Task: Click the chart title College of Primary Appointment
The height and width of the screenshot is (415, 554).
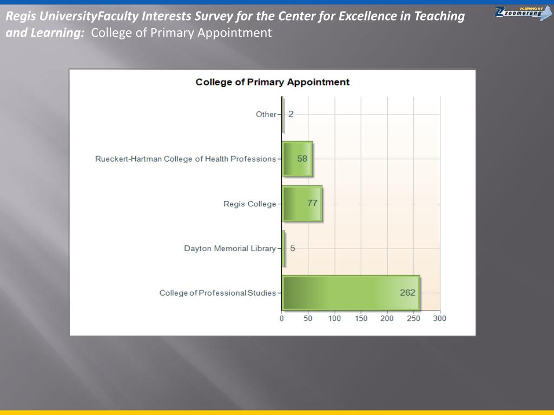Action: tap(272, 82)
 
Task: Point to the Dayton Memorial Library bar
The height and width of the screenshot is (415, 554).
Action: tap(283, 249)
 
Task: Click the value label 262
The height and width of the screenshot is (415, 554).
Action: tap(407, 292)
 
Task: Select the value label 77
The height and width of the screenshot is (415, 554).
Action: tap(312, 203)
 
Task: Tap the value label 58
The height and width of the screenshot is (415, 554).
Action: tap(302, 159)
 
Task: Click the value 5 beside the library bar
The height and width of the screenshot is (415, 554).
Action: tap(293, 249)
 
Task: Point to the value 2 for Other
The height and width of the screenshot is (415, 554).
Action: tap(291, 114)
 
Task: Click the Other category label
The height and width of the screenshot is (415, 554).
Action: tap(266, 115)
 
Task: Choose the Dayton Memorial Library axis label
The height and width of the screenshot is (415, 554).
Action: tap(230, 249)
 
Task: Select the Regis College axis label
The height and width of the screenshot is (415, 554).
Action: tap(249, 204)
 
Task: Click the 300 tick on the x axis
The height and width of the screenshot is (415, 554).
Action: tap(439, 318)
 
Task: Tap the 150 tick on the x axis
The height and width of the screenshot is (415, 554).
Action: tap(361, 318)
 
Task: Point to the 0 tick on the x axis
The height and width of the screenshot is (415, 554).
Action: tap(282, 318)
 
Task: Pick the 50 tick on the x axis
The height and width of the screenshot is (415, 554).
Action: tap(308, 318)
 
